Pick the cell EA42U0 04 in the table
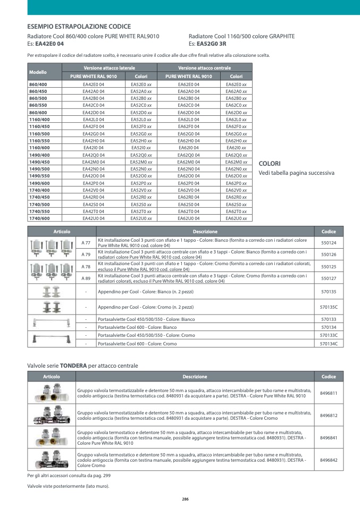(x=94, y=218)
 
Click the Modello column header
(x=38, y=72)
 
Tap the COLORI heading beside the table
(x=269, y=164)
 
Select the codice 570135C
(x=329, y=307)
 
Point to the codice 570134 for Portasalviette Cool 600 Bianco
(x=329, y=327)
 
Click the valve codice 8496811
(x=329, y=393)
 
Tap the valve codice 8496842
(x=329, y=460)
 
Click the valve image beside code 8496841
(x=52, y=437)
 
